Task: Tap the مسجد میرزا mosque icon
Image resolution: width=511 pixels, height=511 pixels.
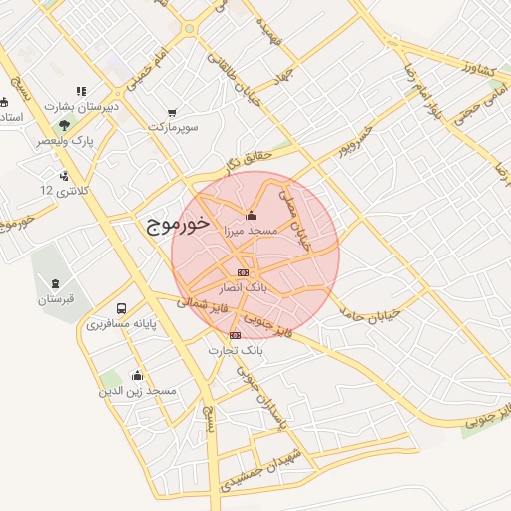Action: [x=251, y=216]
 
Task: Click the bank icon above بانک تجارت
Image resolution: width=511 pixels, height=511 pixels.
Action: [x=235, y=336]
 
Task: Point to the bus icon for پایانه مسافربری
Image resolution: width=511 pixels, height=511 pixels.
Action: [x=121, y=309]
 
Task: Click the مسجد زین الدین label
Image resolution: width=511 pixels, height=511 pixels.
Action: [x=137, y=391]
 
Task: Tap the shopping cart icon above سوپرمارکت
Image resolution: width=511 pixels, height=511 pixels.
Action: [x=173, y=112]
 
